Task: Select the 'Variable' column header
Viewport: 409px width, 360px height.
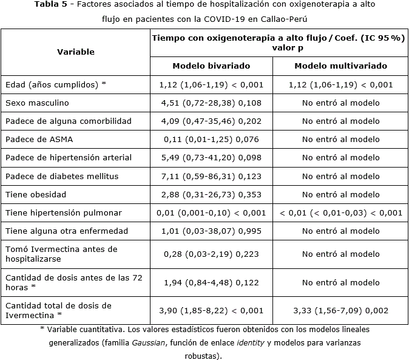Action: (76, 52)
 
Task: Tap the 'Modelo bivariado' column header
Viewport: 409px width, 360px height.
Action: (211, 66)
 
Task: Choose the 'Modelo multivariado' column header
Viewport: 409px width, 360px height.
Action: (340, 66)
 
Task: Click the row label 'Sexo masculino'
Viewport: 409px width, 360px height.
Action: (37, 103)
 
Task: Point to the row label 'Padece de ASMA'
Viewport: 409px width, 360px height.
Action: (39, 139)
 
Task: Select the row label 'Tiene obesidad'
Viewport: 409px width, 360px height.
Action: (36, 194)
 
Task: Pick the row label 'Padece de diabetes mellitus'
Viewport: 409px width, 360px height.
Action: (62, 176)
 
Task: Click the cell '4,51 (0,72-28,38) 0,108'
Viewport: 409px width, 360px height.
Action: (211, 103)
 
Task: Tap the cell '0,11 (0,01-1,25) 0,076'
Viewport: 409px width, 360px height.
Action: (211, 139)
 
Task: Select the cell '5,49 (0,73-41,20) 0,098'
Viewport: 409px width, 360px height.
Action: (211, 157)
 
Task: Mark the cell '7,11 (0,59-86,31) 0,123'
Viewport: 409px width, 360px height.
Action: (211, 176)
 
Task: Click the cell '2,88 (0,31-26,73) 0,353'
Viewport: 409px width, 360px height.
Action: (211, 194)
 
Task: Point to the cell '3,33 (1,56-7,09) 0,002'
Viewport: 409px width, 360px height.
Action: (340, 310)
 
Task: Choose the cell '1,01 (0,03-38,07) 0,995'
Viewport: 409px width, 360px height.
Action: (211, 231)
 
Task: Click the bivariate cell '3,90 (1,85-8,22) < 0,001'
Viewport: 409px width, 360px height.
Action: (211, 310)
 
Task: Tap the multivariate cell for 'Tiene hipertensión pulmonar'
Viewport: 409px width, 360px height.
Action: (340, 212)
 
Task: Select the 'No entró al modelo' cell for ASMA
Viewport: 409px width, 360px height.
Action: (340, 139)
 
